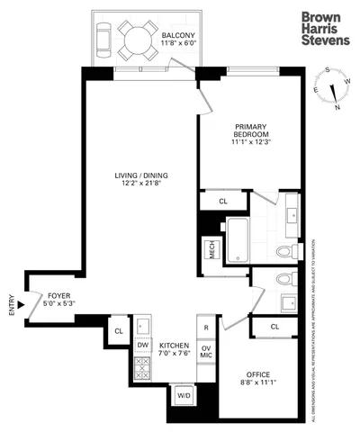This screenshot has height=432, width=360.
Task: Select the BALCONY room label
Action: point(167,38)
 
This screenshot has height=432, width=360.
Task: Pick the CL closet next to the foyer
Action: point(118,331)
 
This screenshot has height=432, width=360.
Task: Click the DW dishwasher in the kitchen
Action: point(142,345)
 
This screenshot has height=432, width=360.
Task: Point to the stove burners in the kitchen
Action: point(141,368)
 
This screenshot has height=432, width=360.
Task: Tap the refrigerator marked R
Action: point(206,328)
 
